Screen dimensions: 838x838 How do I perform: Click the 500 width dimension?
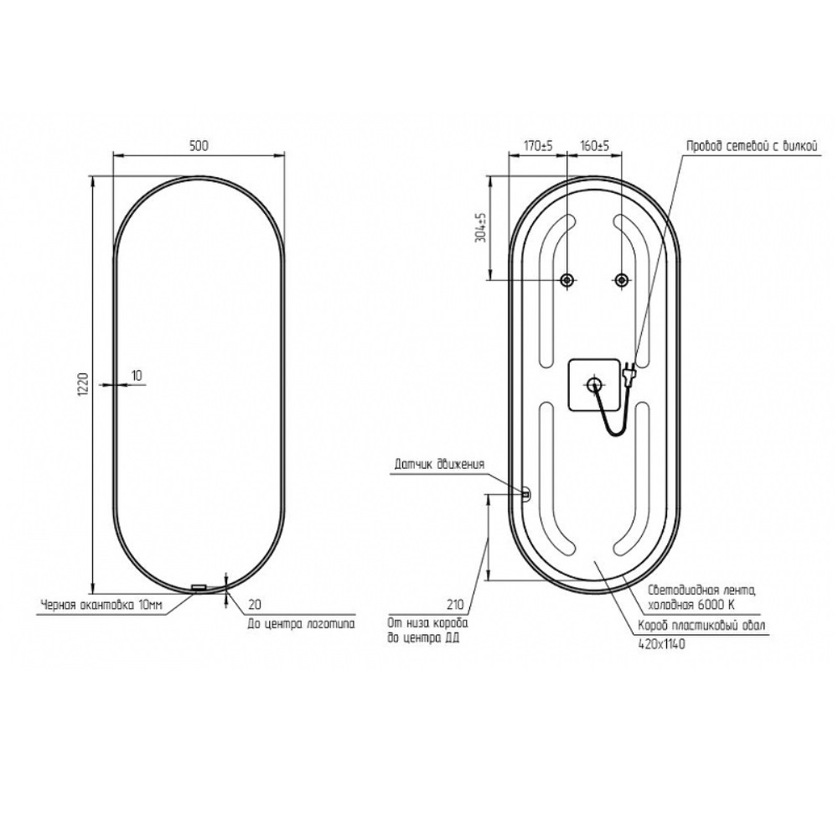coord(199,146)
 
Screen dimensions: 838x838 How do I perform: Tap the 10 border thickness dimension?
coord(137,376)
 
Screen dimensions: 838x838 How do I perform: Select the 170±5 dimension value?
coord(538,146)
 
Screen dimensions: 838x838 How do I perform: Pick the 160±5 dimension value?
coord(595,146)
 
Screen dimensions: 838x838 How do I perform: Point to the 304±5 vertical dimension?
coord(480,228)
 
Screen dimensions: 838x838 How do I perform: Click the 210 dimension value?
coord(455,606)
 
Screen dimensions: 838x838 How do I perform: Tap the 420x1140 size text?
coord(662,644)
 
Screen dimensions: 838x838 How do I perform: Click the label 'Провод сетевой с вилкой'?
coord(753,146)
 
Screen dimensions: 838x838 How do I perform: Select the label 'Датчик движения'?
coord(439,465)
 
